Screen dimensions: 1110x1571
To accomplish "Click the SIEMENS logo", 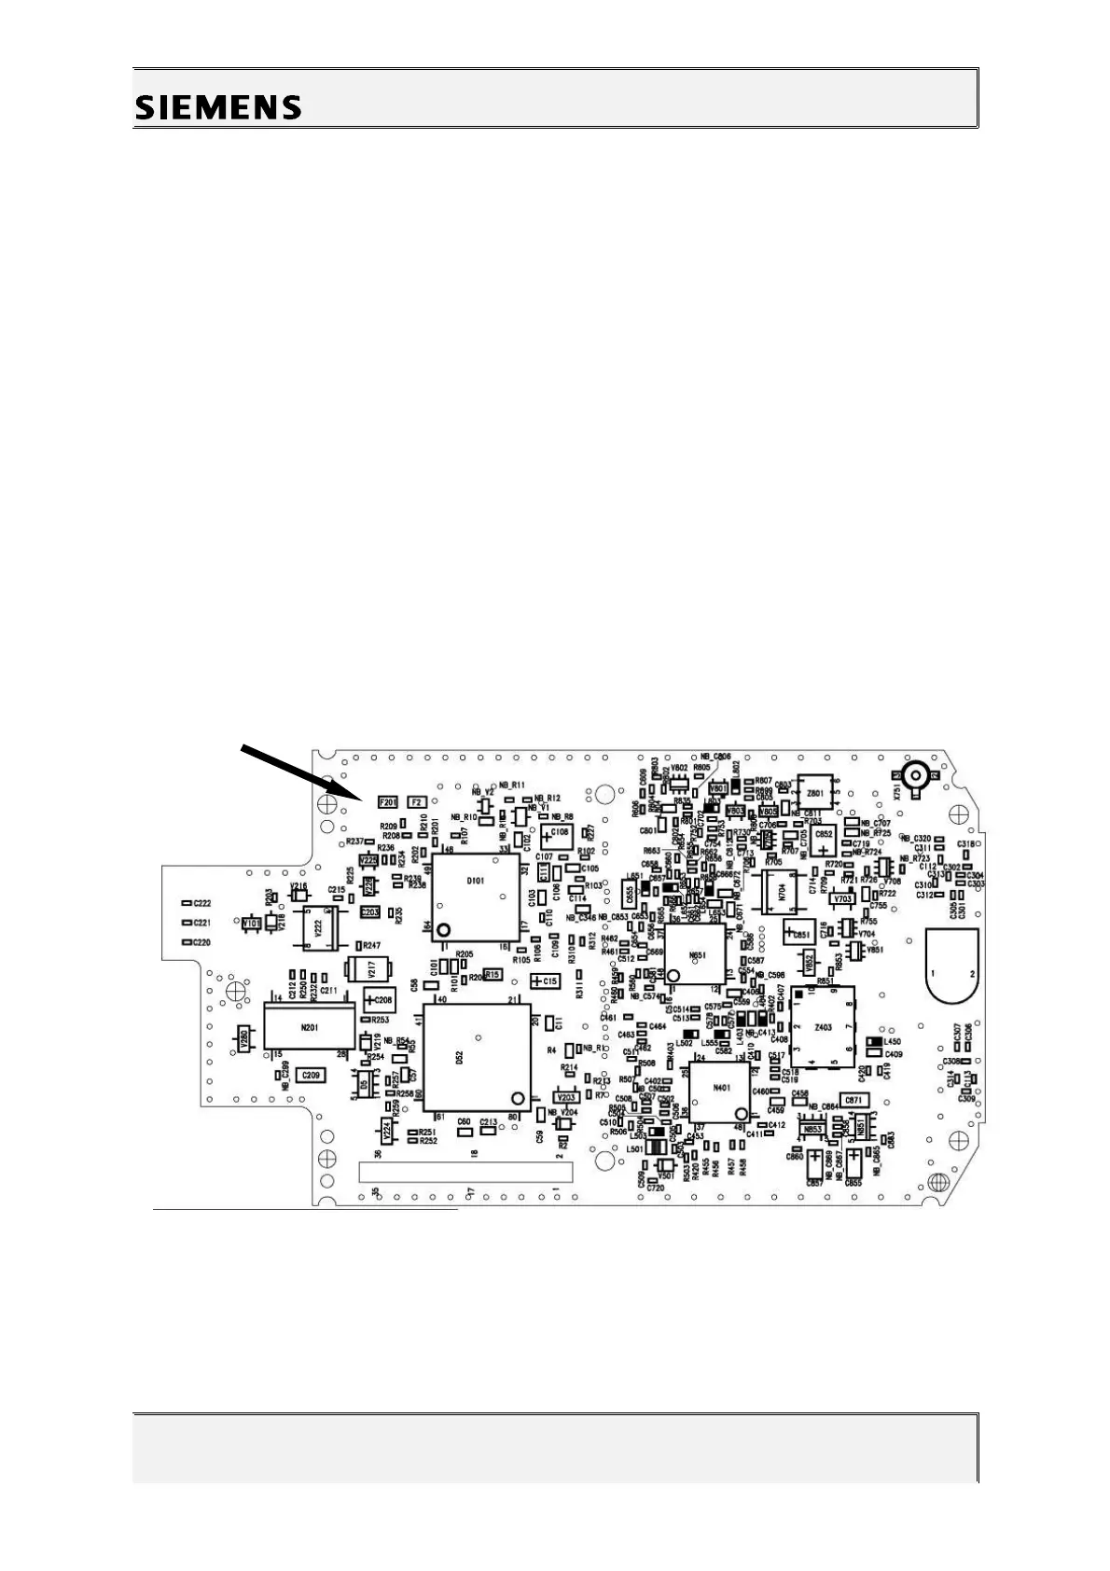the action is tap(219, 107).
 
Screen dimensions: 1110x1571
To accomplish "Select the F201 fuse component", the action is tap(388, 801).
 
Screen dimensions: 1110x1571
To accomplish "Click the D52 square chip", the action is tap(475, 1057).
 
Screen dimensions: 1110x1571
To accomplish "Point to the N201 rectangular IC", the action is tap(310, 1028).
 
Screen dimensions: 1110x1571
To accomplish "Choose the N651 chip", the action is tap(695, 953).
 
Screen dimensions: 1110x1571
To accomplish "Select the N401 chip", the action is tap(720, 1088).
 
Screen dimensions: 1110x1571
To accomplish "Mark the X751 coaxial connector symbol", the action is tap(914, 775).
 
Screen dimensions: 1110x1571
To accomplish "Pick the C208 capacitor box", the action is tap(380, 1000).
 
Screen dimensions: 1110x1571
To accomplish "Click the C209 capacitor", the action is tap(310, 1075).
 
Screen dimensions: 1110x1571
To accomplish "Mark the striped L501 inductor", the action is tap(658, 1147).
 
